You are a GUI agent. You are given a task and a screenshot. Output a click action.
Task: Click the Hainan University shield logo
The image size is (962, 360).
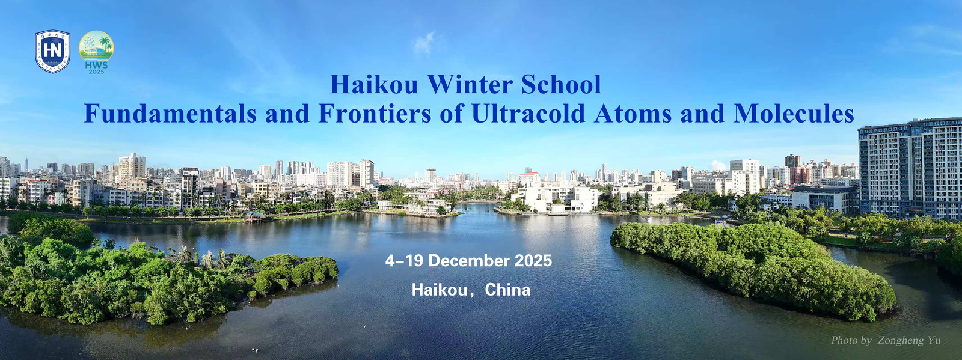52,52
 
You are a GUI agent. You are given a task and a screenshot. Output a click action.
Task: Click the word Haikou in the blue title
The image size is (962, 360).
373,84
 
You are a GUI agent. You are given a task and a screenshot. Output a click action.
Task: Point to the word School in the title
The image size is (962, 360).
561,84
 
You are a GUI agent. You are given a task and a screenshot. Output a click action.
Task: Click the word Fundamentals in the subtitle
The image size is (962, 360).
170,113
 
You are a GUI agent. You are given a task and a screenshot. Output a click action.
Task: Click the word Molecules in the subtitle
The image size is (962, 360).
794,113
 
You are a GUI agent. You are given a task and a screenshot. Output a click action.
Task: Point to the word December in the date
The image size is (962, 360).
469,261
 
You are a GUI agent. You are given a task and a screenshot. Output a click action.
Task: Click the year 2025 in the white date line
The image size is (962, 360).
533,261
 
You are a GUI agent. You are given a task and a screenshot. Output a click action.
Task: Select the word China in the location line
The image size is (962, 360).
507,290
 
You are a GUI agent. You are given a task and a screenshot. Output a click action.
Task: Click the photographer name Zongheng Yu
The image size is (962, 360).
909,340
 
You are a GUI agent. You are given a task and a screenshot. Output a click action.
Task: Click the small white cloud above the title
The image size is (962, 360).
424,44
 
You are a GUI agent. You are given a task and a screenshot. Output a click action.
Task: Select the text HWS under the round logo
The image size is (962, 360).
96,66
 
